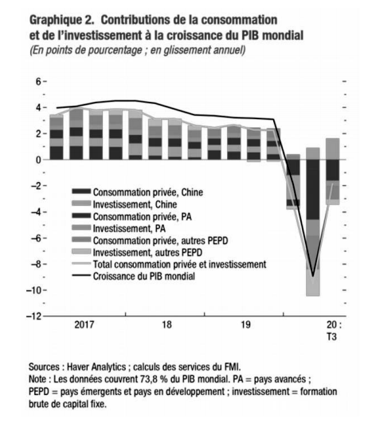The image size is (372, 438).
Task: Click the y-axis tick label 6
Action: coord(37,82)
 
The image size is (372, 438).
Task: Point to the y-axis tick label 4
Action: coord(37,107)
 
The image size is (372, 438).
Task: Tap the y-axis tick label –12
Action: coord(33,316)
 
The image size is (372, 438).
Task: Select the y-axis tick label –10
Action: coord(33,290)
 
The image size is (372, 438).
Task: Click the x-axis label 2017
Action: coord(84,325)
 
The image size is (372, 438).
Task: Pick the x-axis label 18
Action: coord(166,325)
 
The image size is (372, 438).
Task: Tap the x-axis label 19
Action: coord(245,325)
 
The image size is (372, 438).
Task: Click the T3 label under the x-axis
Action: coord(331,336)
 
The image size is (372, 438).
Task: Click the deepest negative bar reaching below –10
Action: coord(313,222)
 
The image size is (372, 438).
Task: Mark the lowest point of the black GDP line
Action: coord(313,277)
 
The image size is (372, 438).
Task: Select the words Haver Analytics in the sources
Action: coord(96,366)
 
